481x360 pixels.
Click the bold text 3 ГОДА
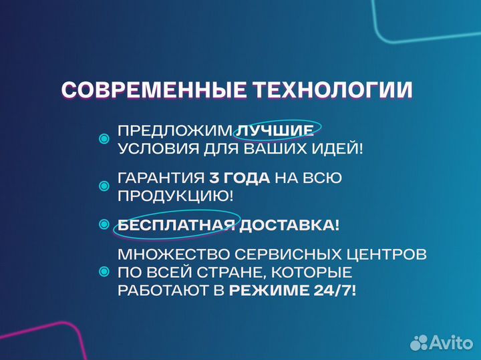point(240,178)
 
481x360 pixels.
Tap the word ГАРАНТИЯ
point(160,178)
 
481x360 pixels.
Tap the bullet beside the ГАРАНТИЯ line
point(104,186)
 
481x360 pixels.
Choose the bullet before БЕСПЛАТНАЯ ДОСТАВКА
point(104,225)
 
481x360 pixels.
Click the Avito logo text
point(452,342)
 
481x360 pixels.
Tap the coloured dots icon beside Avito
point(419,342)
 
